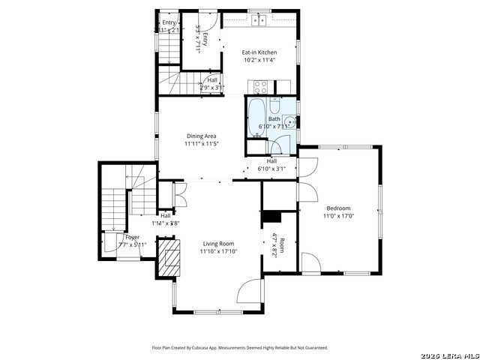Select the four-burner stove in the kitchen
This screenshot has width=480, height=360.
tap(260, 86)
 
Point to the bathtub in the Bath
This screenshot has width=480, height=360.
tap(256, 117)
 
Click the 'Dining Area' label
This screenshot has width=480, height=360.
tap(202, 136)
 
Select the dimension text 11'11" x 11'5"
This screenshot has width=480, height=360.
tap(202, 143)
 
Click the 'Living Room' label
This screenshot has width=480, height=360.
tap(218, 244)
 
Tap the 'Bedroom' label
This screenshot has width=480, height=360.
tap(337, 208)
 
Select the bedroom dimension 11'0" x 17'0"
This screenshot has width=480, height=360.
tap(337, 216)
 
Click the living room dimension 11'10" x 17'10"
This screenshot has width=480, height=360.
tap(218, 252)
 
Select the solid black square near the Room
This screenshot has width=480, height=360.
tap(271, 217)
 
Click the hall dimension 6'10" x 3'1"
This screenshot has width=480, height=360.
tap(271, 169)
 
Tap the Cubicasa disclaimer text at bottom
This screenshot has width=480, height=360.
tap(240, 347)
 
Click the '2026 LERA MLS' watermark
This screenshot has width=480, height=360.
tap(449, 354)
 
